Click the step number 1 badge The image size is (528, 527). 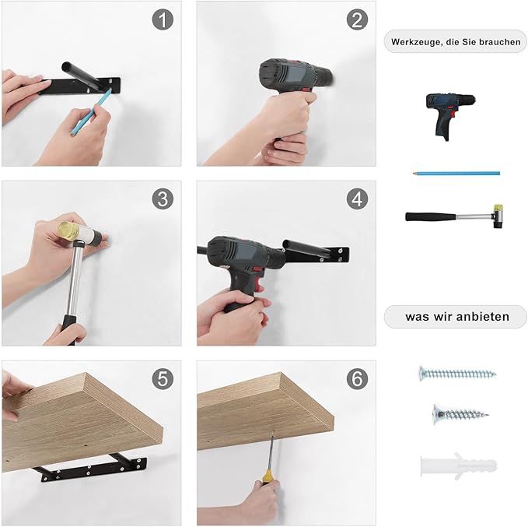[163, 19]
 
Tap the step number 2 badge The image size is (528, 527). [357, 19]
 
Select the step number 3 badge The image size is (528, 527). [163, 199]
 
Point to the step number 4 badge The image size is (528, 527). [357, 199]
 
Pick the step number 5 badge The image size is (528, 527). [163, 378]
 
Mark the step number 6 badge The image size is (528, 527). [357, 378]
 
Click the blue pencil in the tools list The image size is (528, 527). [456, 174]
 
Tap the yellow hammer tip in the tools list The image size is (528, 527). [498, 209]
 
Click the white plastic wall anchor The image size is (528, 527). [458, 466]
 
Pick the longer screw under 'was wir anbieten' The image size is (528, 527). [457, 374]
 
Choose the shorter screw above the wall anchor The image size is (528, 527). [460, 414]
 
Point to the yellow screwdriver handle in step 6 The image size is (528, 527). [267, 476]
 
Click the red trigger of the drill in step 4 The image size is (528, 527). [259, 279]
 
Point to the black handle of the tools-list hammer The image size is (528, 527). [431, 216]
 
